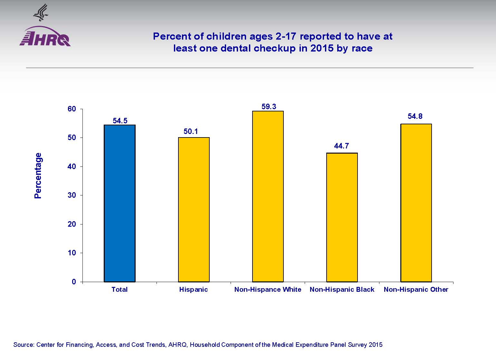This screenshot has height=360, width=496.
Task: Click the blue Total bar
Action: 119,203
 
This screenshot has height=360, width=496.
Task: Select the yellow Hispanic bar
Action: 194,210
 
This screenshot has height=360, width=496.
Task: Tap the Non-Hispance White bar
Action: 268,196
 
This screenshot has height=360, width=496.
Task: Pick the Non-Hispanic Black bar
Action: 342,217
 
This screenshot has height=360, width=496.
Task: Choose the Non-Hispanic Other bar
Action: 416,203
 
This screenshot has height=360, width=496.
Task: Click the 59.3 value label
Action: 269,107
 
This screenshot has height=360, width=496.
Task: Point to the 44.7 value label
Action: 341,146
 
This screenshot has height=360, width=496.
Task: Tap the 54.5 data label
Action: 120,121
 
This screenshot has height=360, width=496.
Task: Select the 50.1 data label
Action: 191,131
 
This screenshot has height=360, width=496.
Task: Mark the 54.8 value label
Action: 415,116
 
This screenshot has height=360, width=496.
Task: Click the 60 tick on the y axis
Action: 72,109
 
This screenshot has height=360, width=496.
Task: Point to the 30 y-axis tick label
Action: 72,195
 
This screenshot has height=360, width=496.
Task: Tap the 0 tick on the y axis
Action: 74,282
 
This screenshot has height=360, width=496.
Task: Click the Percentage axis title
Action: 38,175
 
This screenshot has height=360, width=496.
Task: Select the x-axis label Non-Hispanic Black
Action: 342,289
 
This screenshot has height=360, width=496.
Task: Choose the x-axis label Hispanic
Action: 193,289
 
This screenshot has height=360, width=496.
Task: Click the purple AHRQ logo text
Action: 45,39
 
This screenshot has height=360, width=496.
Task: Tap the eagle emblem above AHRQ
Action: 41,12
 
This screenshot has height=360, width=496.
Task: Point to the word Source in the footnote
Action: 23,345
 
